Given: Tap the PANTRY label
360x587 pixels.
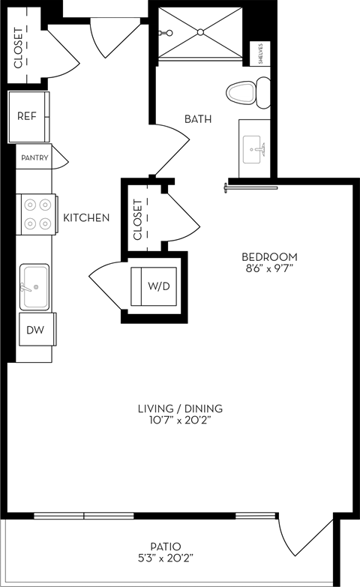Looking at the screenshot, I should coord(35,157).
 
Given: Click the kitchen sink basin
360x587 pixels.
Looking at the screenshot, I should coord(35,286).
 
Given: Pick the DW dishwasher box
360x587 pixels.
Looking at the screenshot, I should coord(35,330).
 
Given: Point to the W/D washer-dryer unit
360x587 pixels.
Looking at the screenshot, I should coord(157,285).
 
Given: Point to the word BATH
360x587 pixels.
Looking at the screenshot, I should coord(198,118).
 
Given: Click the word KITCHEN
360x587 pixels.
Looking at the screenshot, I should coord(86,218).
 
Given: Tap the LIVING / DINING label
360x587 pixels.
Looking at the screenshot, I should coord(180,409).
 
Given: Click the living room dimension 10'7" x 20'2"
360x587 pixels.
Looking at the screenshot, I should coord(180,421).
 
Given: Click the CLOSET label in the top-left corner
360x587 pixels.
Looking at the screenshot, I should coord(19,47).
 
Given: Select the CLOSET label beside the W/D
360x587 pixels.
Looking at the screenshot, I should coord(137,220).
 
